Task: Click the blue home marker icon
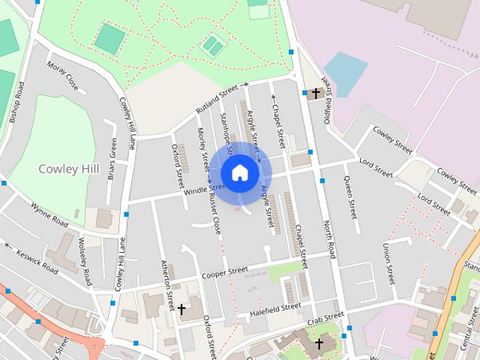coord(240,172)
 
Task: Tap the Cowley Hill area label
coord(69,169)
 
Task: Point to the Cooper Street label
coord(224,272)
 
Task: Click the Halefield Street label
coord(275,308)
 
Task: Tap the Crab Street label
coord(325,318)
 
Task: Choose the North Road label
coord(328,237)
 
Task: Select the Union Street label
coord(388,264)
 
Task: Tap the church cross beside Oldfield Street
coord(316,94)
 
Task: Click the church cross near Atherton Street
coord(181,309)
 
